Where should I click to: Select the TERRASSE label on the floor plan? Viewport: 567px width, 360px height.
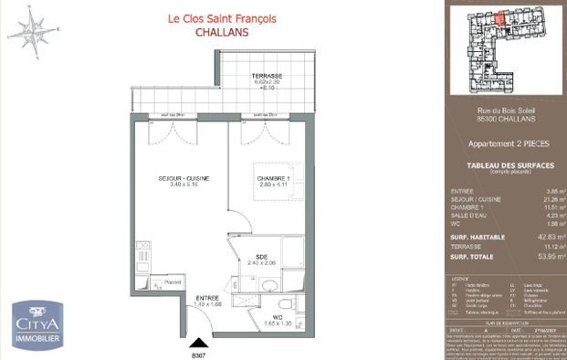tap(267, 75)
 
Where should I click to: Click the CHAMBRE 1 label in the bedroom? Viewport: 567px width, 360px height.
tap(273, 178)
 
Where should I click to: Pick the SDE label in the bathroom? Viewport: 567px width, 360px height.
tap(261, 257)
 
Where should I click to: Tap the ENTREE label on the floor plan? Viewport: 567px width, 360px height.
tap(208, 299)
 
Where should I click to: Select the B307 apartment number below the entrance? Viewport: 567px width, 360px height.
tap(197, 355)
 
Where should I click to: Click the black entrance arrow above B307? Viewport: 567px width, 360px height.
tap(197, 344)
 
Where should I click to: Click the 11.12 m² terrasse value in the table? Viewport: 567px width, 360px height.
tap(548, 247)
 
